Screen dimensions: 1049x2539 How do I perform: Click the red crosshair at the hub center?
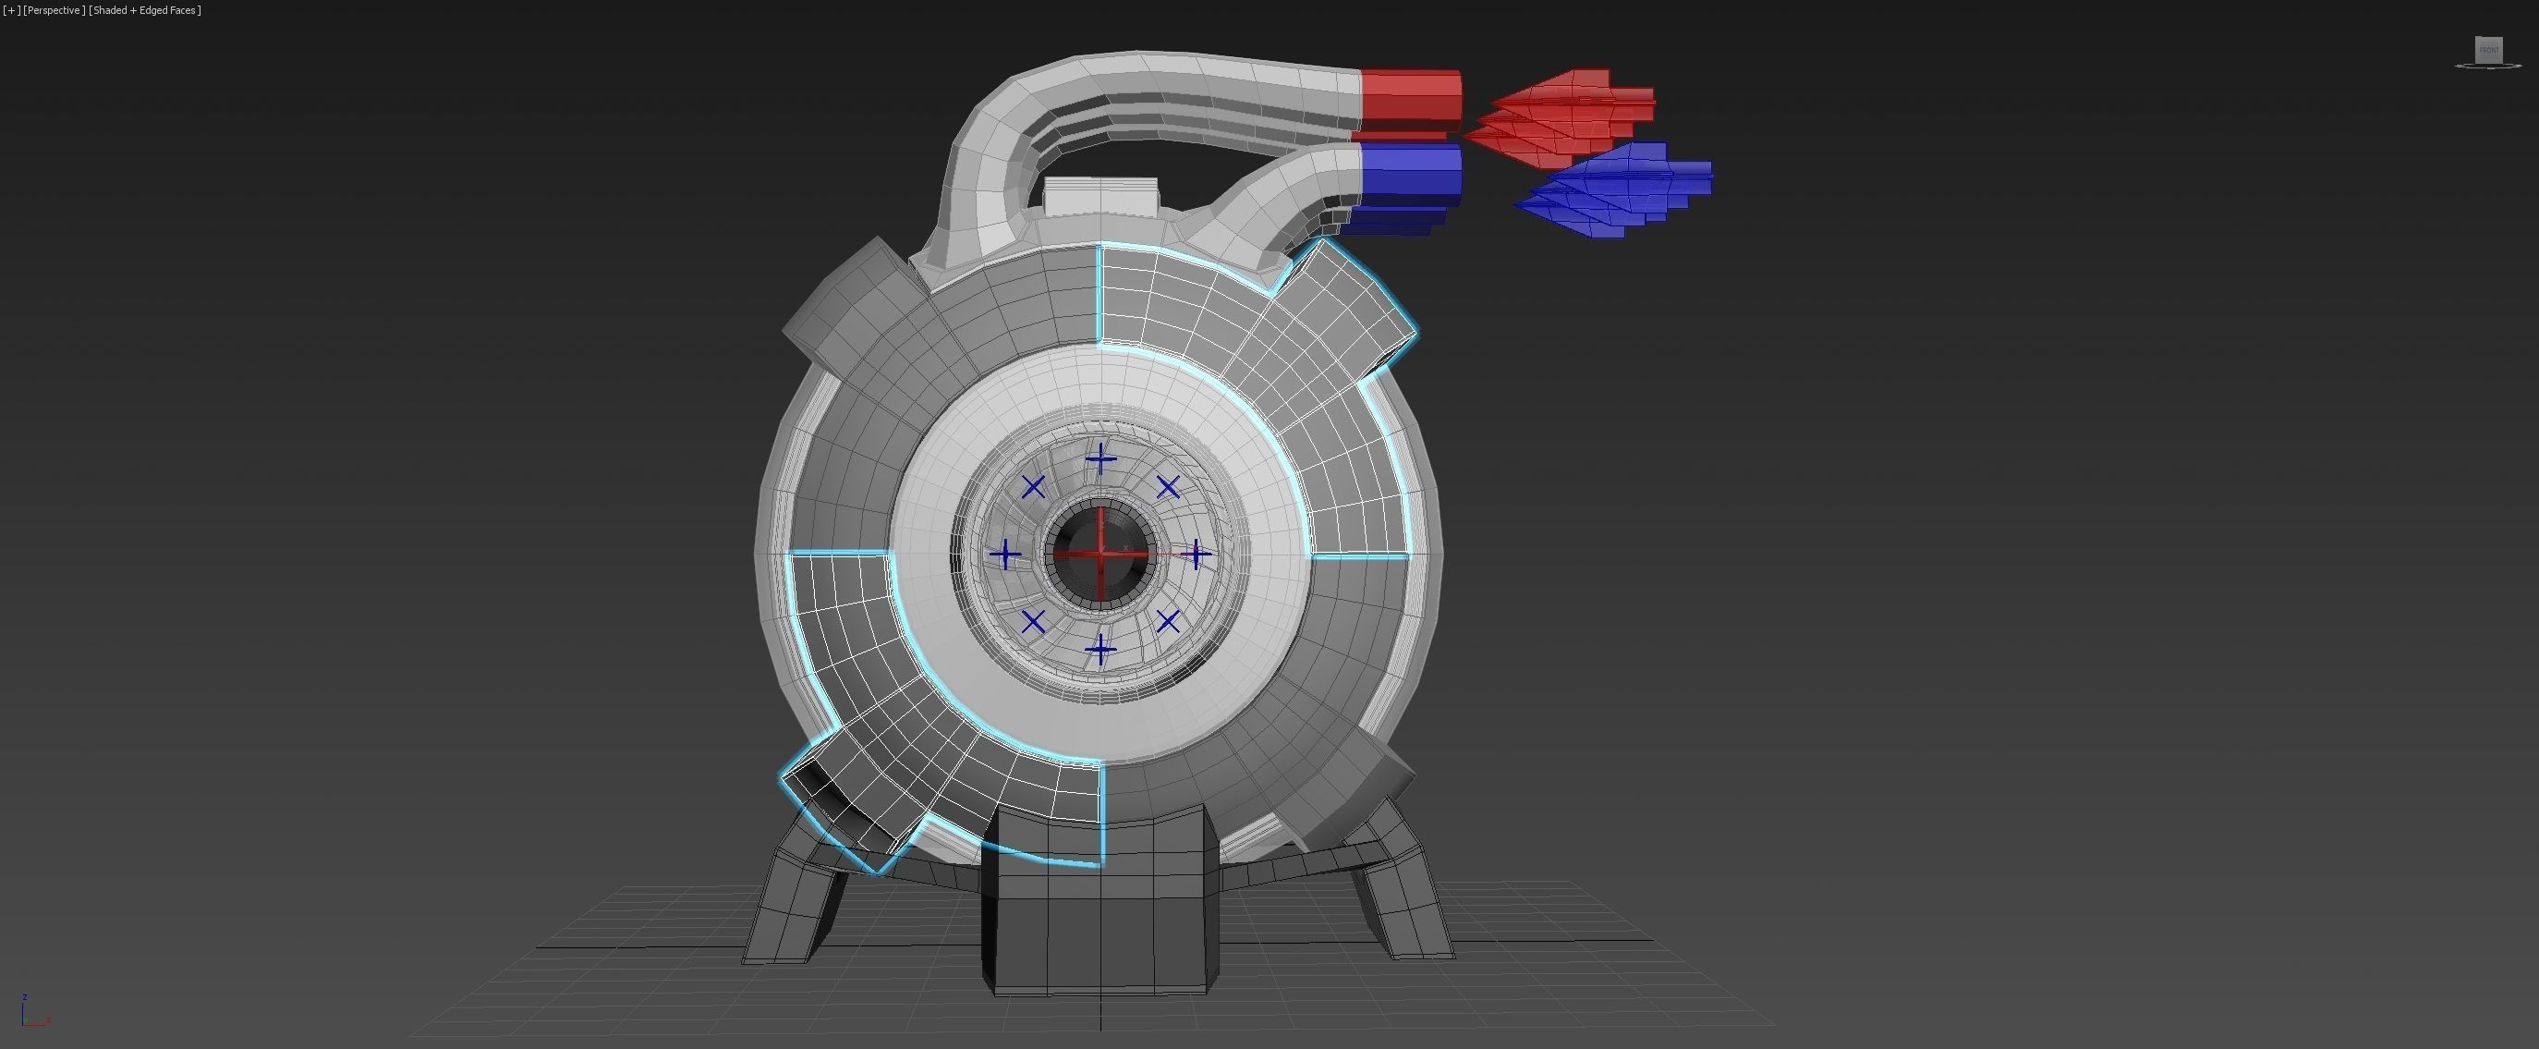[1101, 555]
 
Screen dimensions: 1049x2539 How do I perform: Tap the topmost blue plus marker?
[1100, 459]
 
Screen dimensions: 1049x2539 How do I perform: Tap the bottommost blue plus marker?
[1100, 649]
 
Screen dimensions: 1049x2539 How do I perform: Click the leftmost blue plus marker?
[1005, 555]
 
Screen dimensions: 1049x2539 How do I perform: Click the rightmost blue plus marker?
[1195, 555]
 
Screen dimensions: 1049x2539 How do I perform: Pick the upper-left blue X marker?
[1033, 487]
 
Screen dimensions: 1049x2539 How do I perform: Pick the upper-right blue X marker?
[1168, 487]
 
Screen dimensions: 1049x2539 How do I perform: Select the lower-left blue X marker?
[1033, 622]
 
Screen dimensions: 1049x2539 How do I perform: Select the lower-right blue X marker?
[1168, 622]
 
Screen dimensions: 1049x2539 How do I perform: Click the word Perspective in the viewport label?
[55, 11]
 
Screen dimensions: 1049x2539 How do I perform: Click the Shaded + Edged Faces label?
[146, 11]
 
